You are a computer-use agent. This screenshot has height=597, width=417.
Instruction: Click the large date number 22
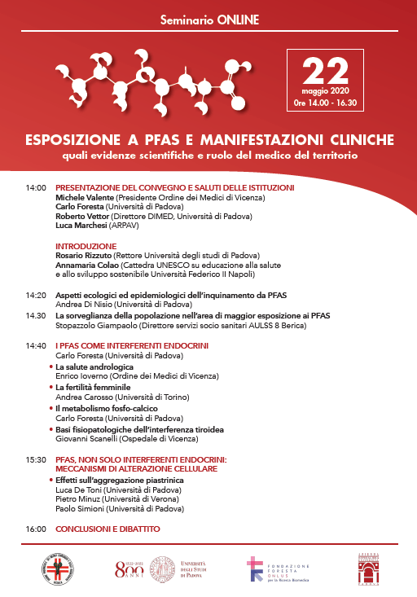pos(323,71)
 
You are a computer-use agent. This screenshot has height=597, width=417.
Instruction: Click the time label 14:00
pos(36,188)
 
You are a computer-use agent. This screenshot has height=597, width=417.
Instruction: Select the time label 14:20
pos(36,294)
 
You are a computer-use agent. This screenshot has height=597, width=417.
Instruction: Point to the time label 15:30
pos(36,459)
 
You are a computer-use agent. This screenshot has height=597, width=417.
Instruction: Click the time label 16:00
pos(36,529)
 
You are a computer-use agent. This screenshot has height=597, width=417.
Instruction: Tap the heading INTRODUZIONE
pos(86,245)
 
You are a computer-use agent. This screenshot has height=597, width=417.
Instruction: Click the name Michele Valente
pos(85,198)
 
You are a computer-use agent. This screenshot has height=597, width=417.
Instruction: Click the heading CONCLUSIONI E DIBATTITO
pos(108,529)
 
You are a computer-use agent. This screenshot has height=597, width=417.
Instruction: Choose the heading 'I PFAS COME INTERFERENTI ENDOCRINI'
pos(132,345)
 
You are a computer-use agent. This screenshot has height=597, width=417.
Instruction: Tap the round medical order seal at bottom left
pos(58,568)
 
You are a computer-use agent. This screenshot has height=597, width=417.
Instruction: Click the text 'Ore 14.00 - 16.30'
pos(323,103)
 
